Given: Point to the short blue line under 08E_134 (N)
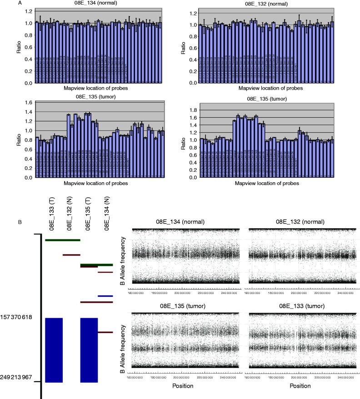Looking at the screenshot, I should tap(105, 296).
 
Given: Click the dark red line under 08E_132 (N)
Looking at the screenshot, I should tap(71, 255).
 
